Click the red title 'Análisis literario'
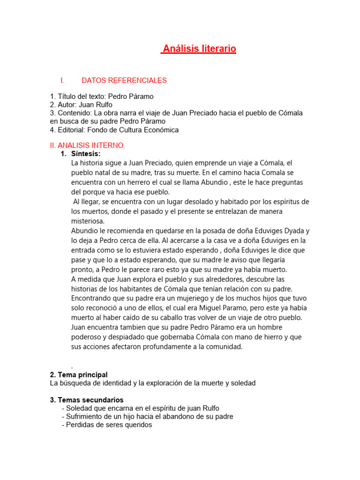coord(198,49)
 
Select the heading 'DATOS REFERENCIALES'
coord(124,81)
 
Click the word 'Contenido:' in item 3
coord(75,113)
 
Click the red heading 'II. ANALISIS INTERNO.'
coord(88,146)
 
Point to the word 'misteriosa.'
coord(88,221)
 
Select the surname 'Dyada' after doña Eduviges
coord(295,231)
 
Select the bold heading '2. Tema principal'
coord(79,375)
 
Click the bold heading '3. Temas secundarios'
coord(87,400)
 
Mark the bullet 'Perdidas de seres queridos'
coord(109,425)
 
